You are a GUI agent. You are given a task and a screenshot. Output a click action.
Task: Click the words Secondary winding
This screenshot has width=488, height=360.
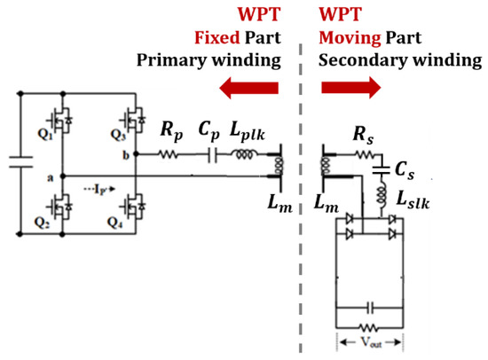(399, 61)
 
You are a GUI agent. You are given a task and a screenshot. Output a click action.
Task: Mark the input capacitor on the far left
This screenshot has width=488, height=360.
(19, 162)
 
